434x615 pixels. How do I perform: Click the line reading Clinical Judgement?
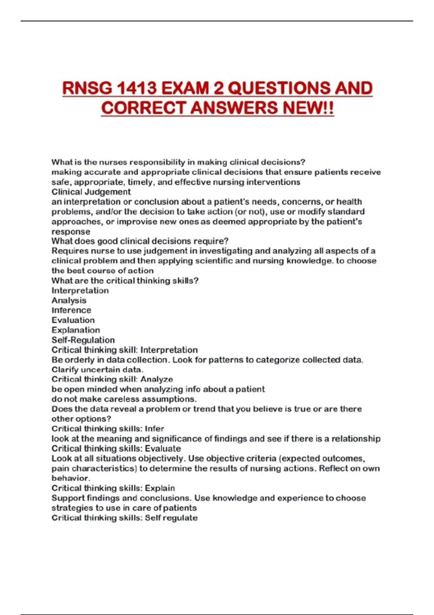point(91,192)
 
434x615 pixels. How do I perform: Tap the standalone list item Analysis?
point(69,300)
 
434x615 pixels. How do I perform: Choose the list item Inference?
point(71,310)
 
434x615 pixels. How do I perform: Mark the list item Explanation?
point(76,330)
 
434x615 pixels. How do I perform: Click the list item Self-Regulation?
point(83,340)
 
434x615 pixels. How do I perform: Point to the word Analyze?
point(157,379)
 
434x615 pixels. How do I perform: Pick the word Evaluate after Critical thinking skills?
point(163,449)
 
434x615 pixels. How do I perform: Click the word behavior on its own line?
point(70,478)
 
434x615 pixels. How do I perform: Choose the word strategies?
point(72,508)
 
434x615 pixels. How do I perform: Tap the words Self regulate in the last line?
point(171,518)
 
